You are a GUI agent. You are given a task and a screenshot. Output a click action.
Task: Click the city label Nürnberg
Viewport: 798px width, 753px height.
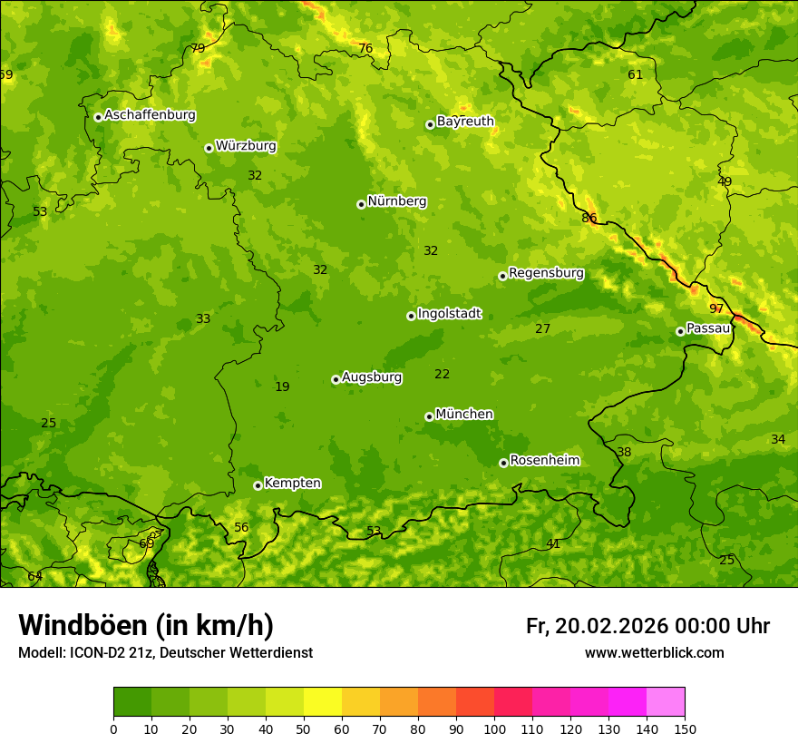(396, 201)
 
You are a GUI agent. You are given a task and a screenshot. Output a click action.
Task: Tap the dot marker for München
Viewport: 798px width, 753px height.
(429, 416)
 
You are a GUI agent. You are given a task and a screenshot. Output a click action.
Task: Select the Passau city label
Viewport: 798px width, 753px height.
(707, 328)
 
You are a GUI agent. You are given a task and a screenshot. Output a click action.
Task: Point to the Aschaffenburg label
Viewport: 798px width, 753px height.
(150, 115)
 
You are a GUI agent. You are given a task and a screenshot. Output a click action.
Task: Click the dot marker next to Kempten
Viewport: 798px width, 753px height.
(258, 485)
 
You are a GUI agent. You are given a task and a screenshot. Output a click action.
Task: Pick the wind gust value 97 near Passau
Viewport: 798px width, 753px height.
(716, 308)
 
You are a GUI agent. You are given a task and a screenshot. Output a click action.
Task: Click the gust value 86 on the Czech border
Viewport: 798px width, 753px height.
(589, 218)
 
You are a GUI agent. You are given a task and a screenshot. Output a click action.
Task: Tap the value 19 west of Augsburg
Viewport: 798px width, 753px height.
(282, 386)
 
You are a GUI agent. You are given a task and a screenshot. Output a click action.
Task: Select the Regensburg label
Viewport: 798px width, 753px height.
(546, 273)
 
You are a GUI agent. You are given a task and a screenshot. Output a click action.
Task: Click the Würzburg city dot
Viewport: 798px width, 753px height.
(209, 148)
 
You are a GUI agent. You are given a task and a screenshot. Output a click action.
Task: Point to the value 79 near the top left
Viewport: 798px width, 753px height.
(198, 48)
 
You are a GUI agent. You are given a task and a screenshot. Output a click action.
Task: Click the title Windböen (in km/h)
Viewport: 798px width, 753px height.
(146, 625)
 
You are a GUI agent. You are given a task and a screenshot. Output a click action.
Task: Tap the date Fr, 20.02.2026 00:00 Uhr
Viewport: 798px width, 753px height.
(647, 626)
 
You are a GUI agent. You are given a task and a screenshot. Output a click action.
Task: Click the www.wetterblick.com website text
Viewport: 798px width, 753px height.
(654, 652)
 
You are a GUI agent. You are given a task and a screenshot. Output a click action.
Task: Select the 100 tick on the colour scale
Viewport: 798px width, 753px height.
(494, 729)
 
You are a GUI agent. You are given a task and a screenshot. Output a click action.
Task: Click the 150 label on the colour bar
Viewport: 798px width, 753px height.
(685, 729)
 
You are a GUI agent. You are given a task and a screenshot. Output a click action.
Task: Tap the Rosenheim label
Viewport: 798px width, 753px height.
(544, 461)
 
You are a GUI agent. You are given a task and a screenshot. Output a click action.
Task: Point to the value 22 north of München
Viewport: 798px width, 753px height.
(442, 374)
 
